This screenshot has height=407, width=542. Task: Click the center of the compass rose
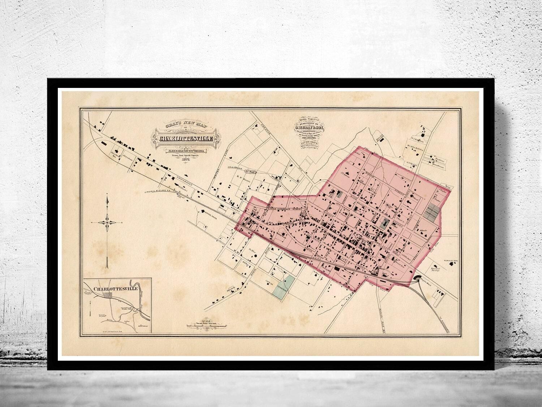coord(107,222)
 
